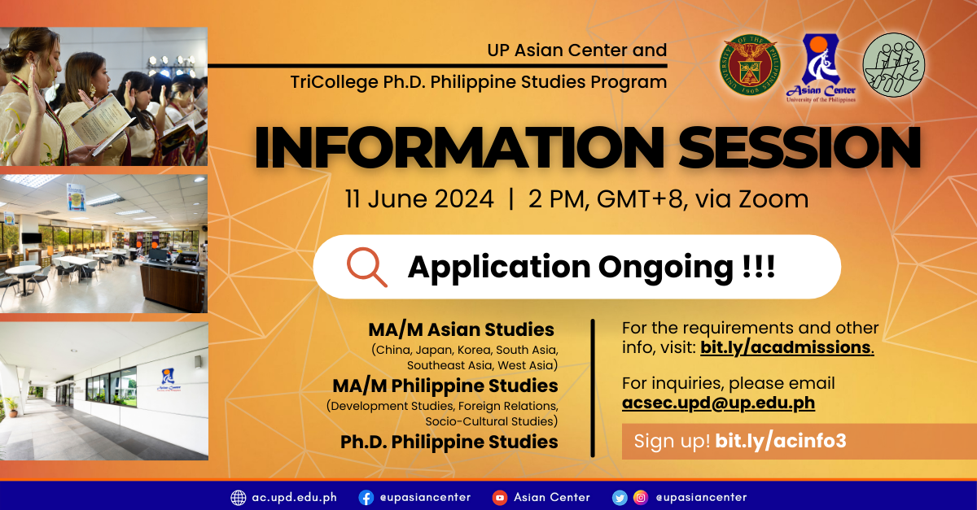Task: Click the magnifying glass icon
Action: pyautogui.click(x=366, y=267)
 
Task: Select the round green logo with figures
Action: pyautogui.click(x=894, y=66)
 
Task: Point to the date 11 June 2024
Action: pyautogui.click(x=418, y=199)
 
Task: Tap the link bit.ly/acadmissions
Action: pyautogui.click(x=786, y=348)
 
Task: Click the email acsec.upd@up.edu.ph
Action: pyautogui.click(x=718, y=403)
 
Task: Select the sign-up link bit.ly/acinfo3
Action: pyautogui.click(x=781, y=442)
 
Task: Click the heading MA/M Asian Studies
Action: pyautogui.click(x=461, y=329)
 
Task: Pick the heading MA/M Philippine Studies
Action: pyautogui.click(x=445, y=385)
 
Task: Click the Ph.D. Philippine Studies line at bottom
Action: pyautogui.click(x=449, y=442)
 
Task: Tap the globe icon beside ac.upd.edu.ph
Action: pyautogui.click(x=239, y=497)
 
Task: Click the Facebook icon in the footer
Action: pyautogui.click(x=366, y=497)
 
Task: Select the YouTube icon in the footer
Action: pyautogui.click(x=500, y=497)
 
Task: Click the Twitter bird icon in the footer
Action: pyautogui.click(x=620, y=497)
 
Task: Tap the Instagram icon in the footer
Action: pyautogui.click(x=641, y=497)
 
